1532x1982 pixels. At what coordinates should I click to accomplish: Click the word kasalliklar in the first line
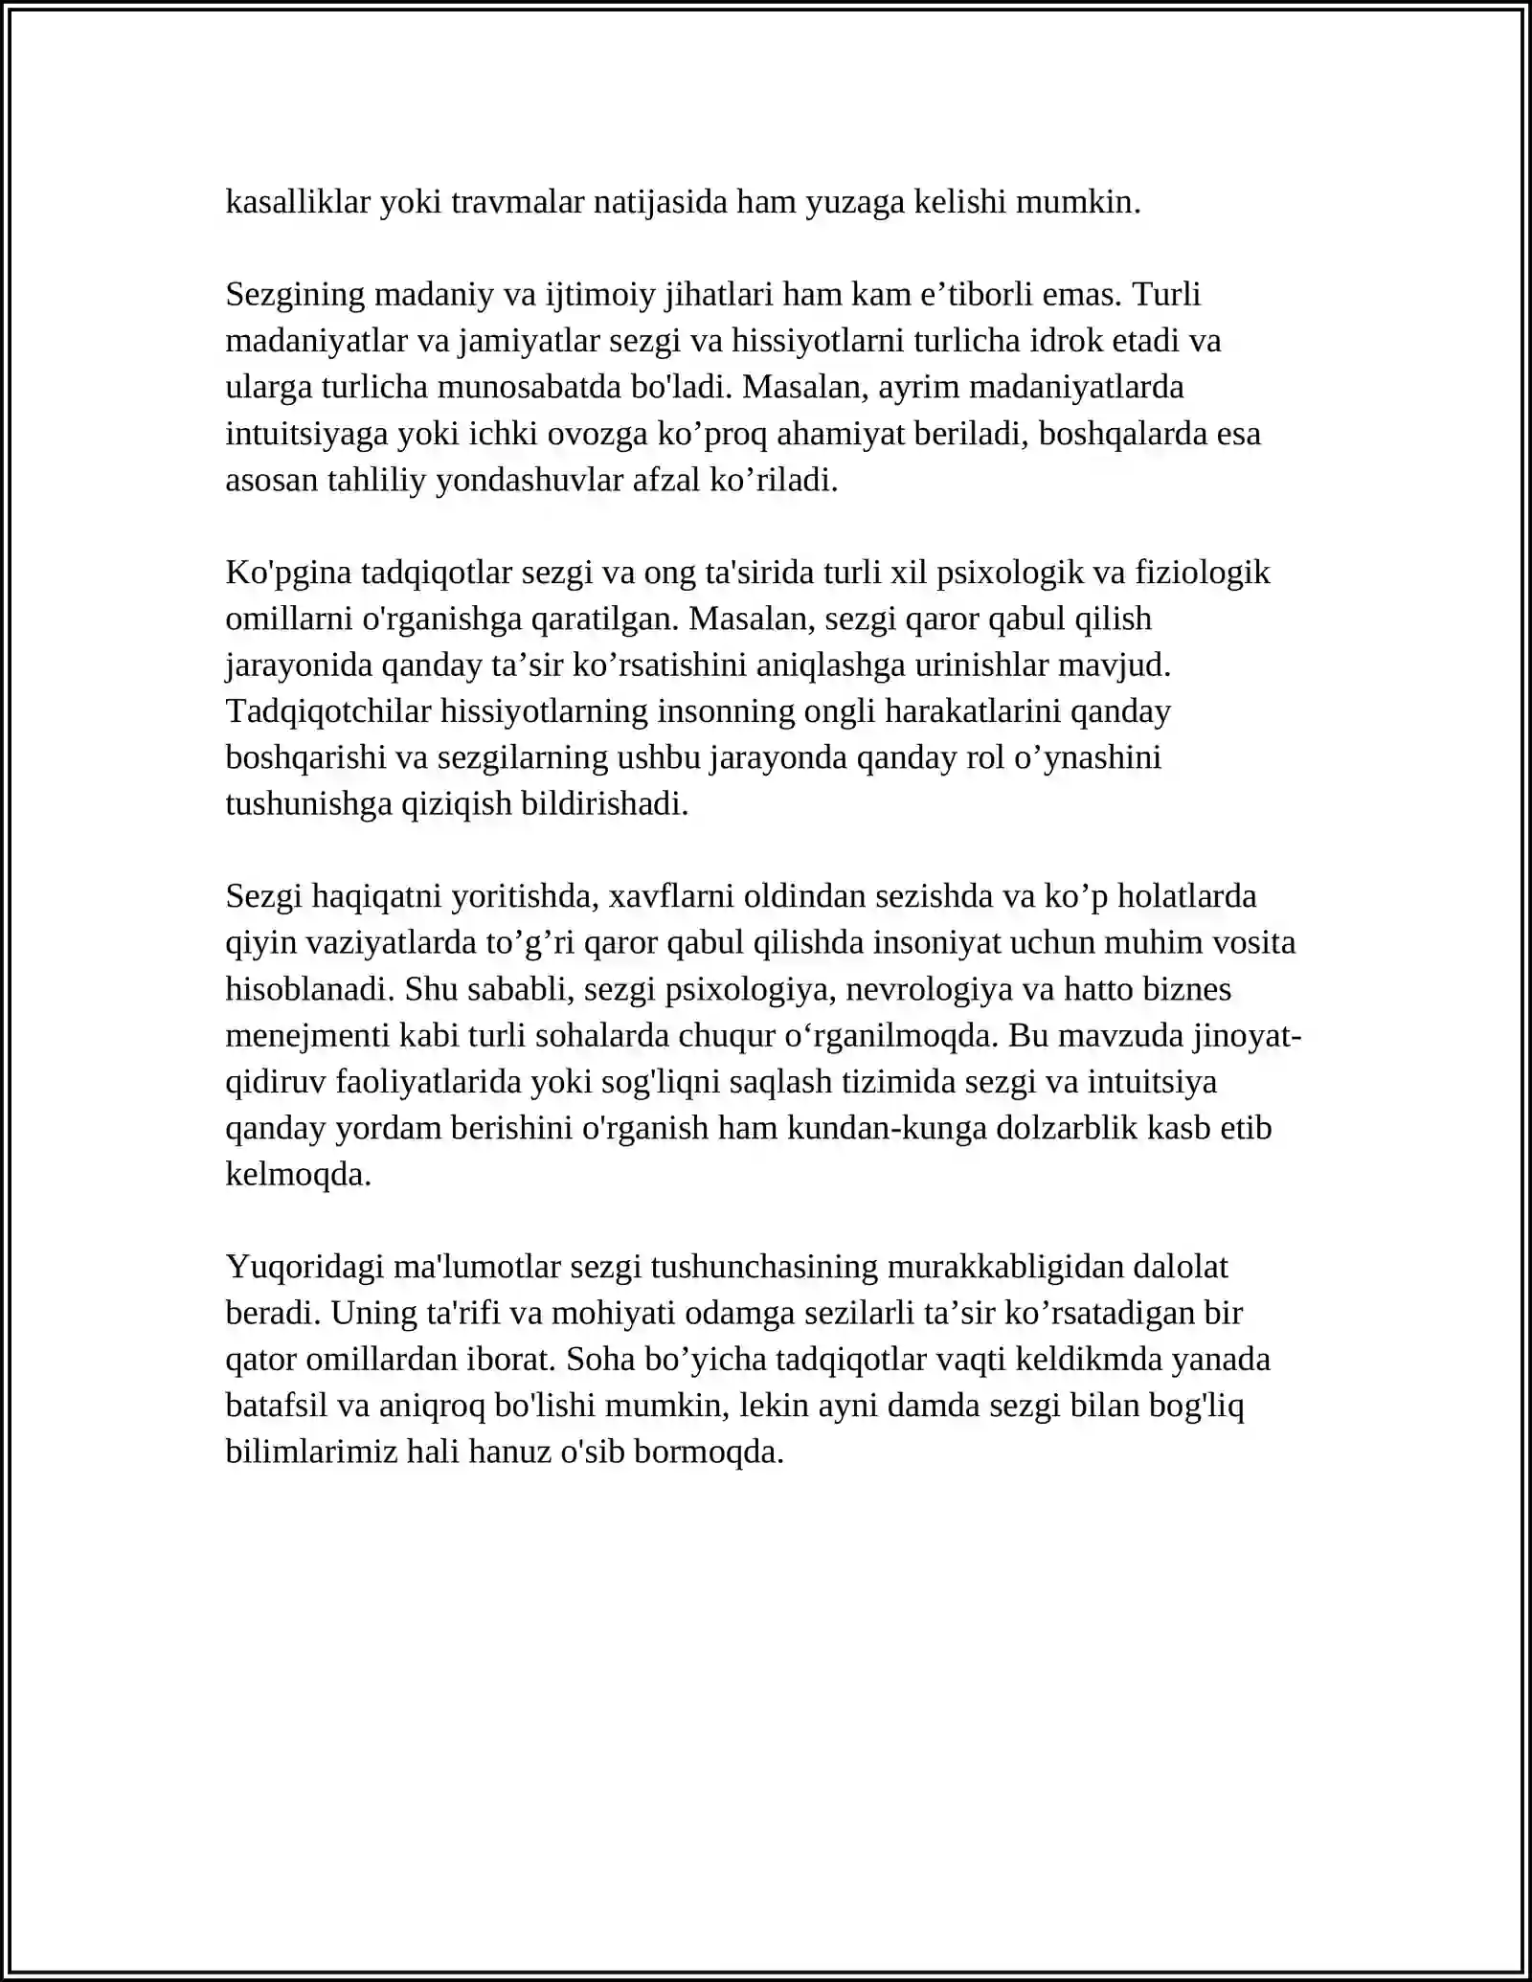point(298,202)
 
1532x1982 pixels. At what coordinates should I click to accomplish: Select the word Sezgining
point(296,295)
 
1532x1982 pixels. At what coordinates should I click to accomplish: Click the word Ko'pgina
point(289,573)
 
